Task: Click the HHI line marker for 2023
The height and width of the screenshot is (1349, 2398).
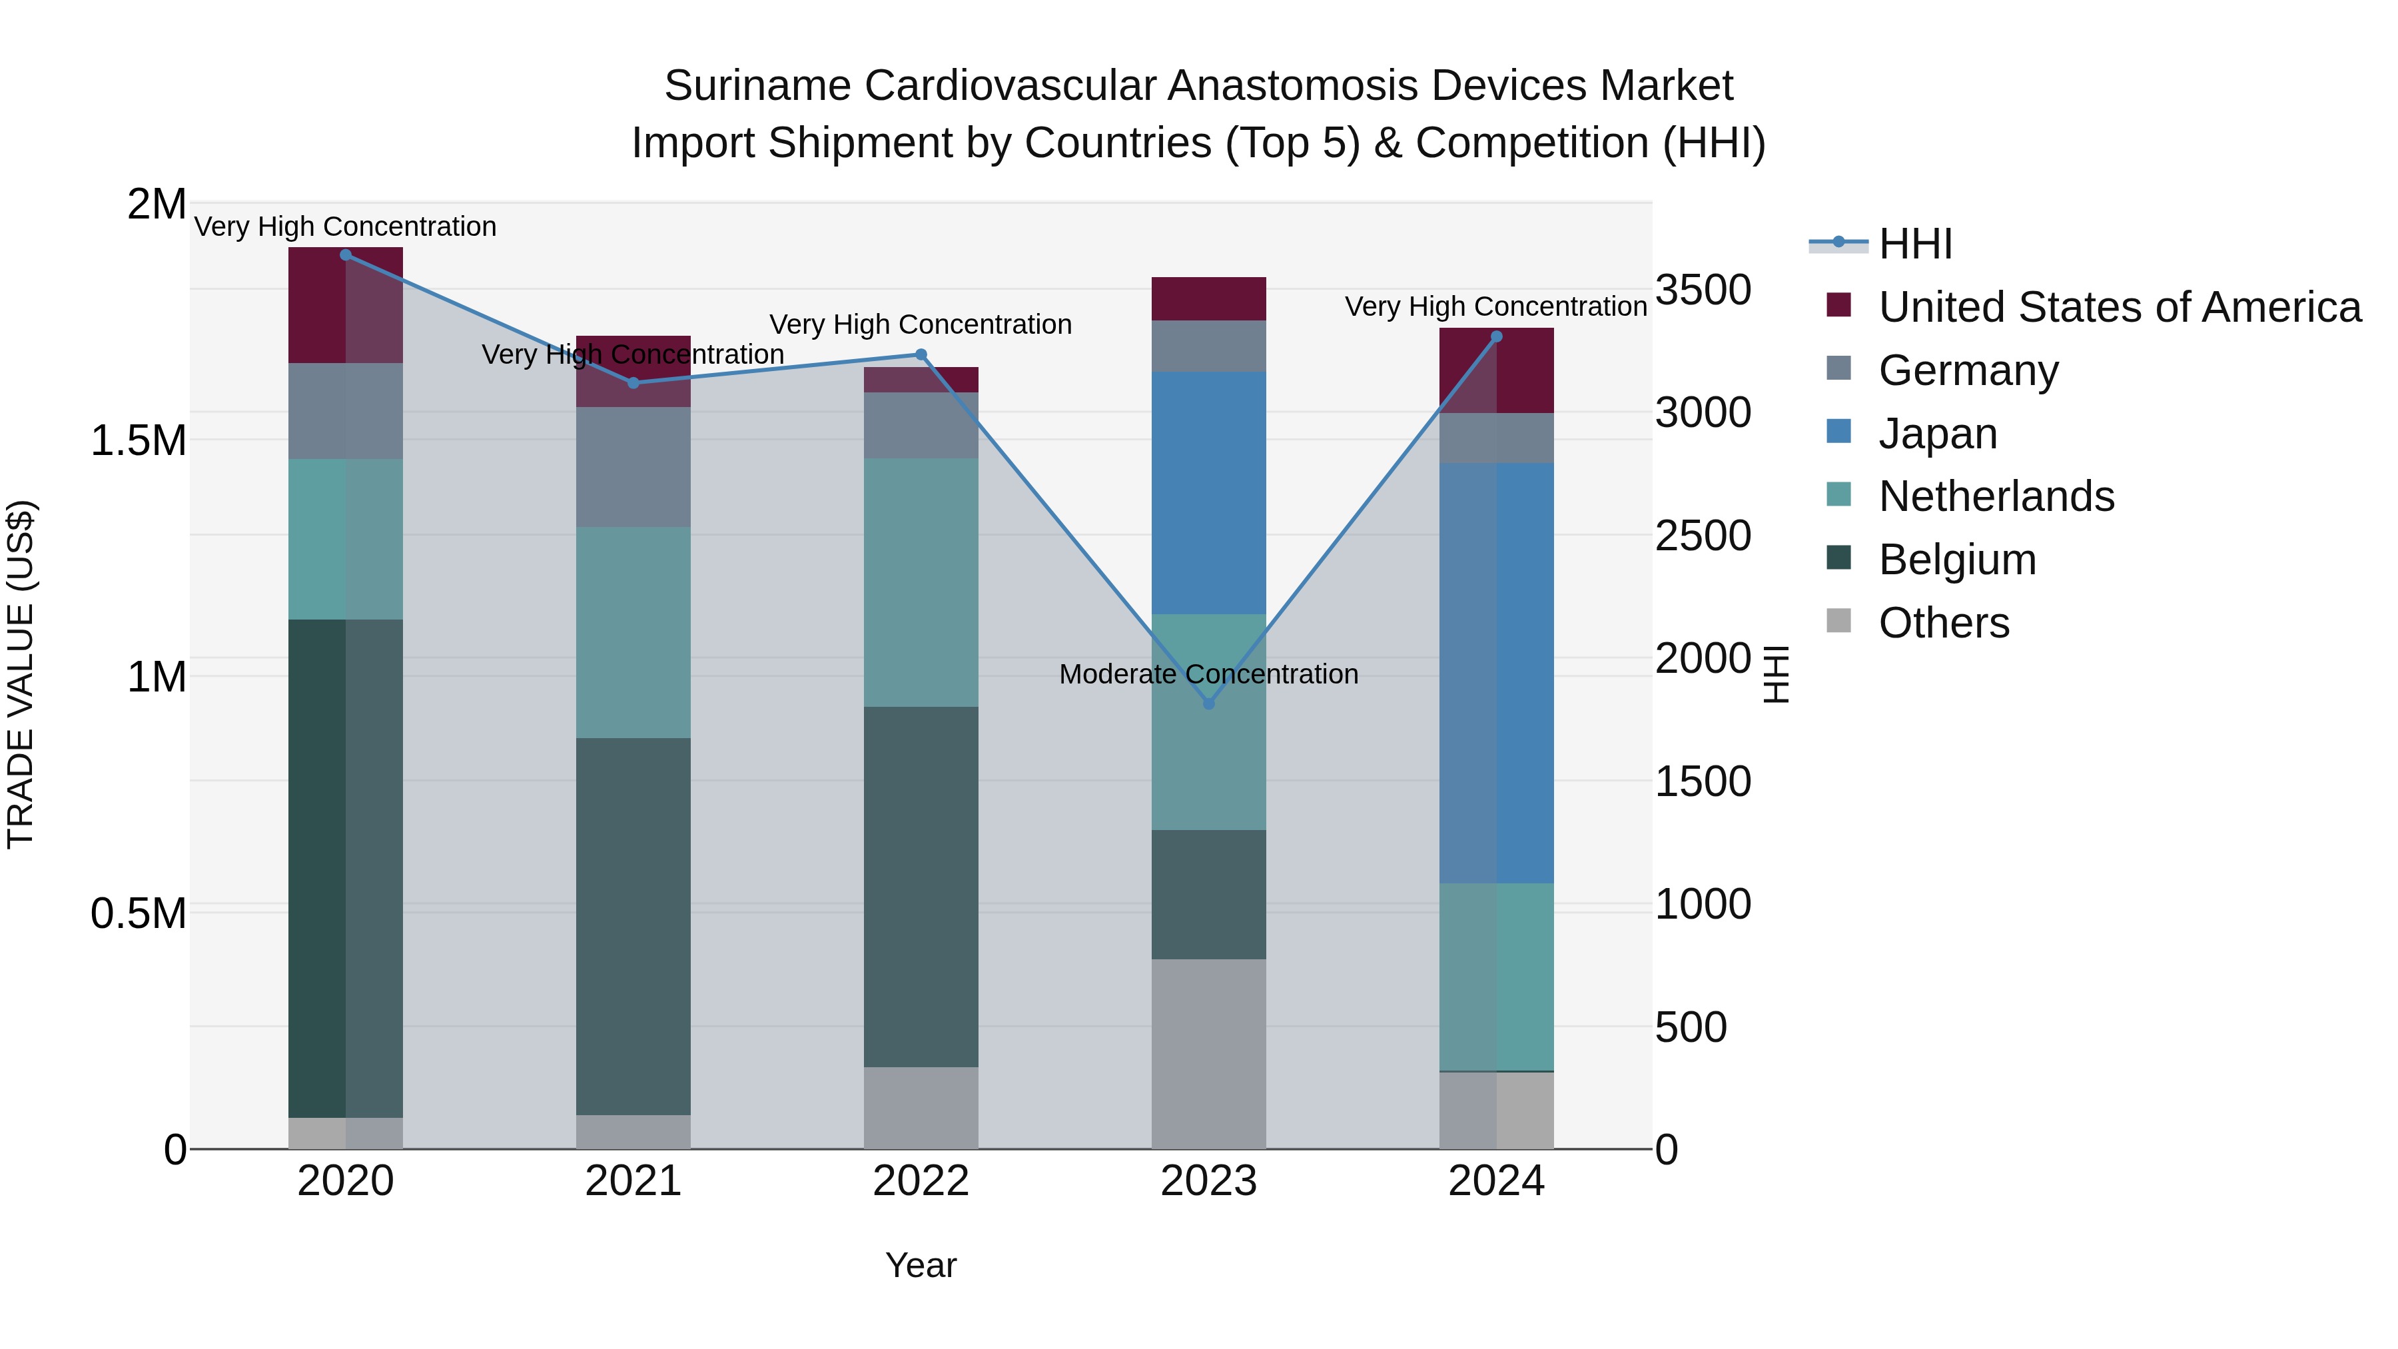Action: [1208, 704]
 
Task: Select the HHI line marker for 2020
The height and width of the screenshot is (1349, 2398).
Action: [345, 254]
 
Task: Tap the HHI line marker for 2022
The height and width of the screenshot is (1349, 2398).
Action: [921, 354]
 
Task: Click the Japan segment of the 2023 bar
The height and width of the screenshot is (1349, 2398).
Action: [1208, 494]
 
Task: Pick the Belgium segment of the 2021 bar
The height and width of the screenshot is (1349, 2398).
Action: [633, 927]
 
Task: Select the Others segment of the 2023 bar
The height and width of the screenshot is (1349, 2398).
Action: [1208, 1053]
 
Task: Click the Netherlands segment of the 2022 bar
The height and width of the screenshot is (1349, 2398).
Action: [921, 582]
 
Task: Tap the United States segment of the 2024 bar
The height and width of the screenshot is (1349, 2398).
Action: [1496, 370]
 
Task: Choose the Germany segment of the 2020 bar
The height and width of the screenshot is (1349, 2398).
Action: [345, 410]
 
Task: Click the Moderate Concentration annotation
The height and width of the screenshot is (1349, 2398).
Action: [1208, 674]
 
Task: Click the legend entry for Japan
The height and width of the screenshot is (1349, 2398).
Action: [1937, 434]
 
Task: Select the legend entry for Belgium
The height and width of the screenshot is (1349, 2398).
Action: [1957, 560]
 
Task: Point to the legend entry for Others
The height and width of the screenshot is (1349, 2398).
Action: [1944, 623]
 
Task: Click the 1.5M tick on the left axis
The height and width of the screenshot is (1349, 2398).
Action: [138, 440]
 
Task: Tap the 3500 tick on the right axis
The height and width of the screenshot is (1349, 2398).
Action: [1703, 290]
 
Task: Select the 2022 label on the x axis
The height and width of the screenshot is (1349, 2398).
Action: [921, 1181]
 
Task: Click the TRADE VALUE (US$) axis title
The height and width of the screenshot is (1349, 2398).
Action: [21, 674]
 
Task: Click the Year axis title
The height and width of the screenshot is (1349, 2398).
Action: [921, 1265]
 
